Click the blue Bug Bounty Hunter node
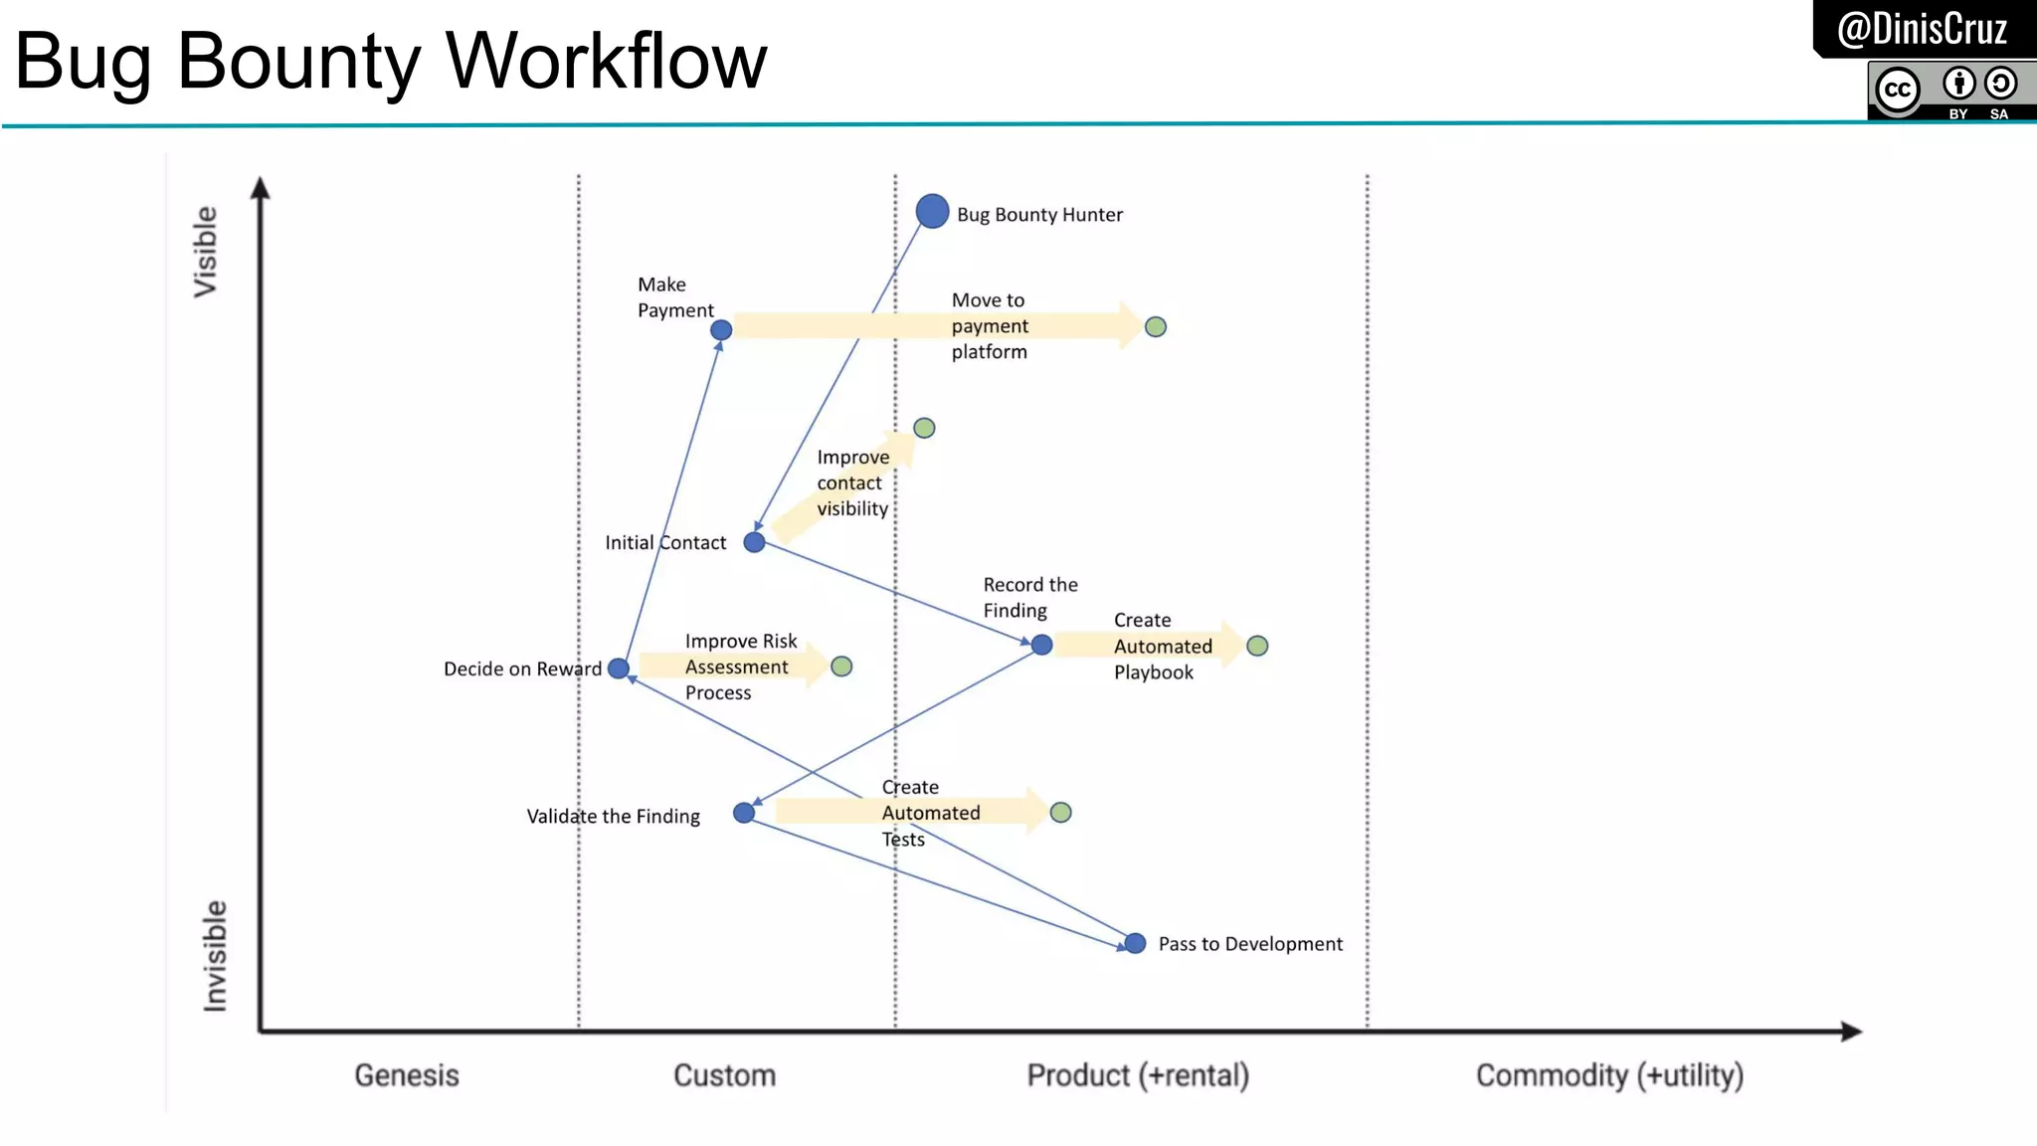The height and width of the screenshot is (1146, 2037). pos(932,211)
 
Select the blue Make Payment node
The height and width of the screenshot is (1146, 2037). pos(721,329)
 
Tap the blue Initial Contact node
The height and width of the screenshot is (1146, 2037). pos(754,542)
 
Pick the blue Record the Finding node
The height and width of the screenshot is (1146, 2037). pos(1041,645)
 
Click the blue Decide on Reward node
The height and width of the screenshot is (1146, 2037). pos(618,668)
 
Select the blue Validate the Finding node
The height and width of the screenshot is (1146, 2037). pos(743,813)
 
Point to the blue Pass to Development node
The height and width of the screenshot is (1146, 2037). pos(1135,943)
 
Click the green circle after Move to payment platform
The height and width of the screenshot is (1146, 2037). pos(1155,326)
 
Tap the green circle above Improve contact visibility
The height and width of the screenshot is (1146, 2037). pos(924,428)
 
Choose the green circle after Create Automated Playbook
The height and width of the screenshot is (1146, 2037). pos(1257,646)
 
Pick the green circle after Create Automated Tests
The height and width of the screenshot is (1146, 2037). pos(1060,813)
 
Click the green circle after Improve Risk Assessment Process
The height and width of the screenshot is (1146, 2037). pos(841,667)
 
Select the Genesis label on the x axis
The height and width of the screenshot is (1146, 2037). pos(406,1075)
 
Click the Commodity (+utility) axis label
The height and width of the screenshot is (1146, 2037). pos(1609,1075)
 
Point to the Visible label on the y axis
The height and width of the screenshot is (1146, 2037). pos(205,252)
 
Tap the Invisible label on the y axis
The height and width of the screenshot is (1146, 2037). pos(215,956)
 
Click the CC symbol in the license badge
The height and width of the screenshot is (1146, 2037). pos(1897,90)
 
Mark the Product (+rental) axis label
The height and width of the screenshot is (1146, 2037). pos(1138,1075)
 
